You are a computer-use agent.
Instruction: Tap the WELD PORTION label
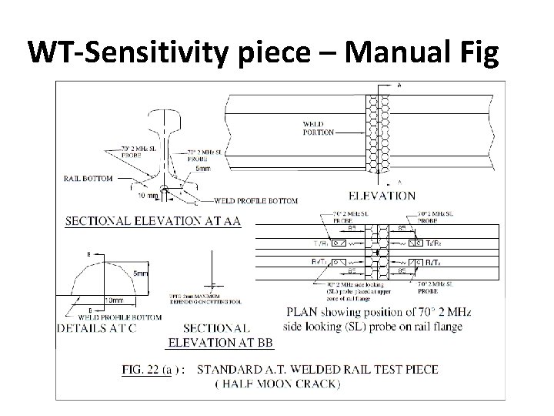point(319,128)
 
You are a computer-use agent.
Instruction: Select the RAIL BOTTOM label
point(88,178)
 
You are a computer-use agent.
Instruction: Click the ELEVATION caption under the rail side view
point(383,196)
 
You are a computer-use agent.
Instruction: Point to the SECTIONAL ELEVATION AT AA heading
point(152,221)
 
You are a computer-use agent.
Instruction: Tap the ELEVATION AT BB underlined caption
point(219,341)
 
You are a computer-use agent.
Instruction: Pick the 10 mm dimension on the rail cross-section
point(148,196)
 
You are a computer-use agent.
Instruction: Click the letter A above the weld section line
point(398,84)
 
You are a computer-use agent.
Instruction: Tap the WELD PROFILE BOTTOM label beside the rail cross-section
point(258,201)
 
